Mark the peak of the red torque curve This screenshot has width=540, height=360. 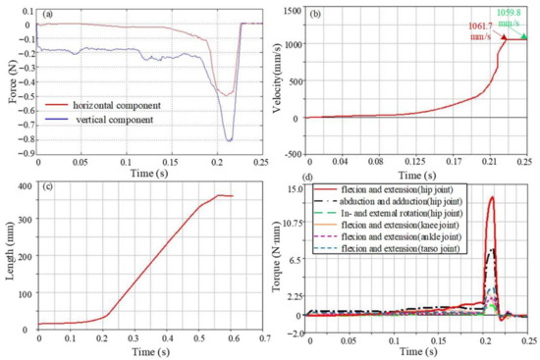pos(491,196)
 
